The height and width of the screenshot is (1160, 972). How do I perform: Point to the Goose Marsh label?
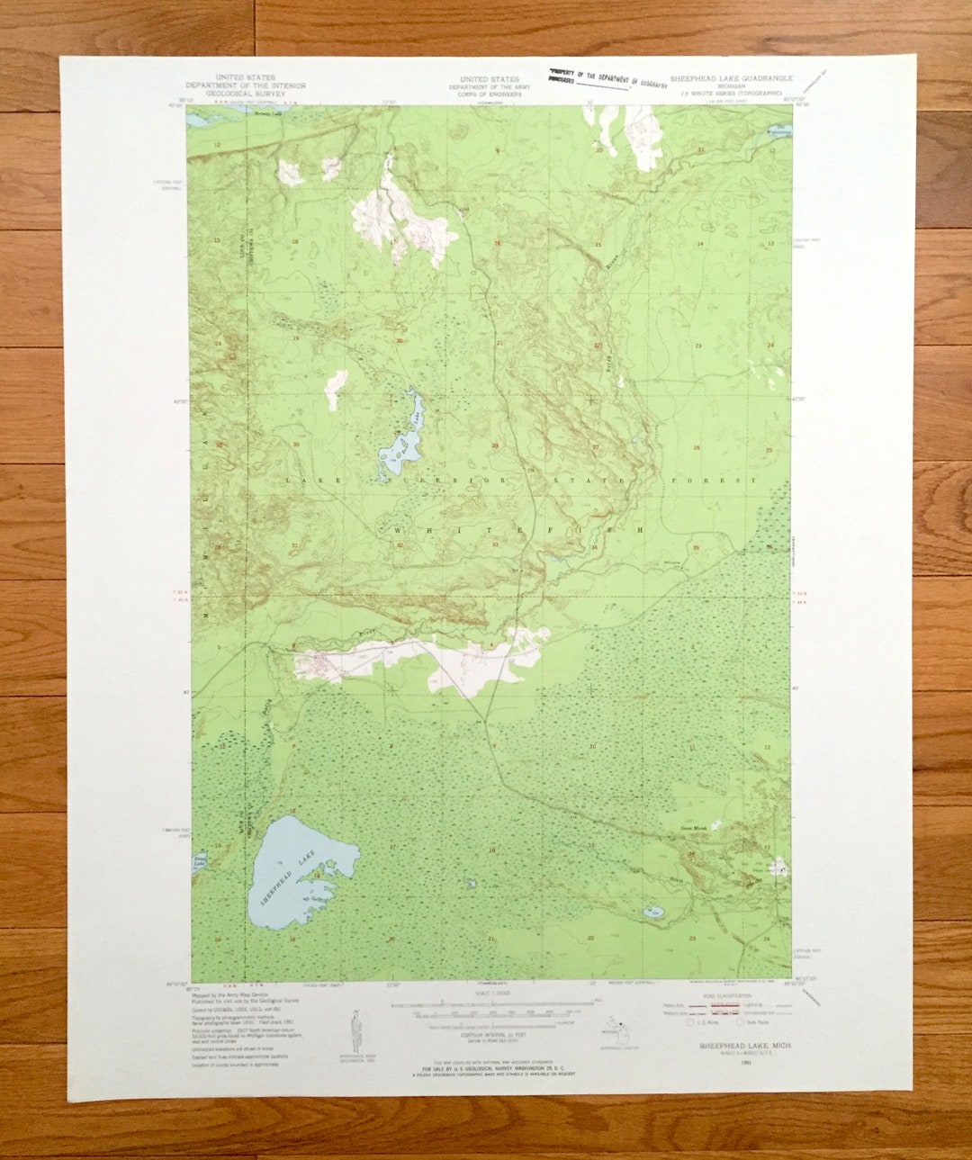tap(693, 827)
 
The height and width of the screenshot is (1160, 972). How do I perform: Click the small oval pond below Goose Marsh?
tap(652, 913)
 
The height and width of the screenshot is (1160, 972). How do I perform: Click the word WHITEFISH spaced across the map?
tap(517, 531)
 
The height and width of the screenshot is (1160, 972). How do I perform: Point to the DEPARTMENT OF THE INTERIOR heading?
tap(246, 85)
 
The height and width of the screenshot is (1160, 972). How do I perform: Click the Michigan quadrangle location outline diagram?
tap(617, 1031)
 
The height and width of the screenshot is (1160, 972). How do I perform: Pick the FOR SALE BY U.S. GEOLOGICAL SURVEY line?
tap(490, 1070)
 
